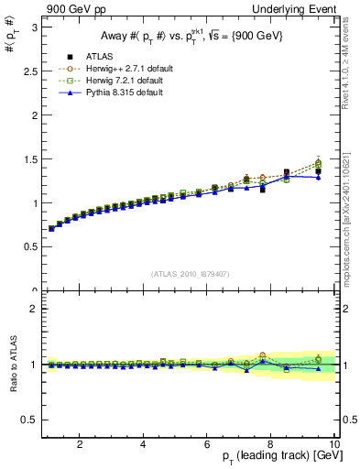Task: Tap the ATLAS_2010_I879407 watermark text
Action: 190,274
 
